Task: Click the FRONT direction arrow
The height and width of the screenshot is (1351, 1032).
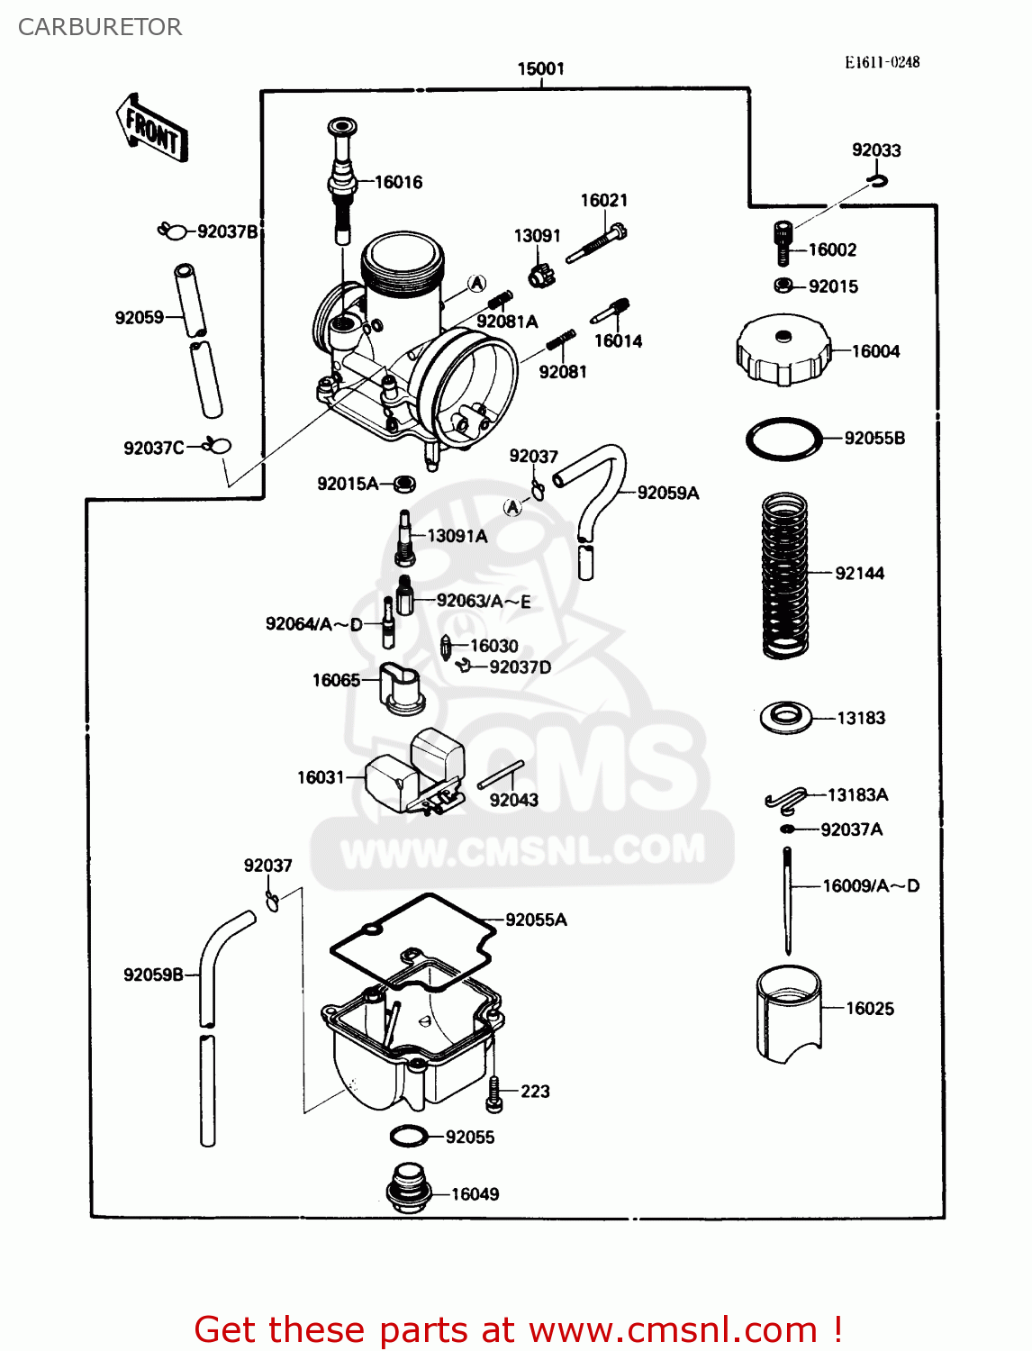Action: coord(151,129)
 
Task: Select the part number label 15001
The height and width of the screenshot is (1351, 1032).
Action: coord(540,68)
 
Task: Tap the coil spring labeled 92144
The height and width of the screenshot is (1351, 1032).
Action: coord(784,575)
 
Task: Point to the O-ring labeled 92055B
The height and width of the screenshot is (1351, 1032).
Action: coord(783,440)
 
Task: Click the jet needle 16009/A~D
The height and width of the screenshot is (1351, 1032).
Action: coord(788,901)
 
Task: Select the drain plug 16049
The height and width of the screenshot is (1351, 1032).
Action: coord(407,1188)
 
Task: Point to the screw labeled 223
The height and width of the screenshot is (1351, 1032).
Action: coord(493,1093)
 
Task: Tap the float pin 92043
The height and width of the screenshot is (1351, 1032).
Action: coord(501,775)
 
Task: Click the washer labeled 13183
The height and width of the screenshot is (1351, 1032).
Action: coord(785,718)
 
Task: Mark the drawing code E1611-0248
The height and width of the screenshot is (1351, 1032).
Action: coord(882,62)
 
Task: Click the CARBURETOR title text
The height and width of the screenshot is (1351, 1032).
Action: coord(100,27)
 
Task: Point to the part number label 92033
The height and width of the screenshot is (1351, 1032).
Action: coord(876,150)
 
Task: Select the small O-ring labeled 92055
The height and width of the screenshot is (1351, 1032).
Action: coord(409,1137)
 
